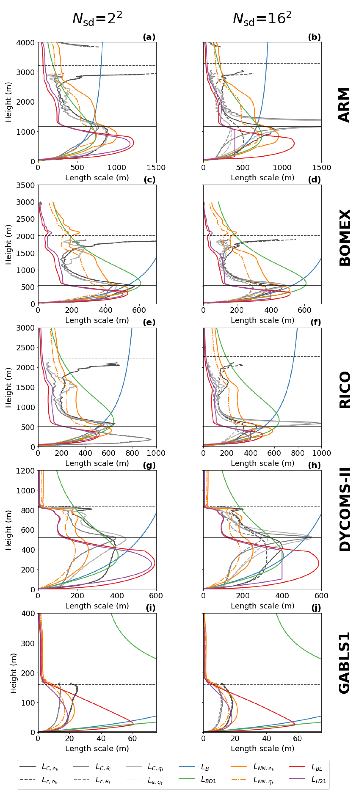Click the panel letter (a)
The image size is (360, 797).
click(149, 37)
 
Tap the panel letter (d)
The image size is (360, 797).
click(314, 180)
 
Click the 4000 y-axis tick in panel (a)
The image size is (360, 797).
click(25, 42)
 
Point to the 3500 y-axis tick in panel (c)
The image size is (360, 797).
click(25, 185)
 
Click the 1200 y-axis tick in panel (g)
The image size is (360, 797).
click(25, 471)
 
